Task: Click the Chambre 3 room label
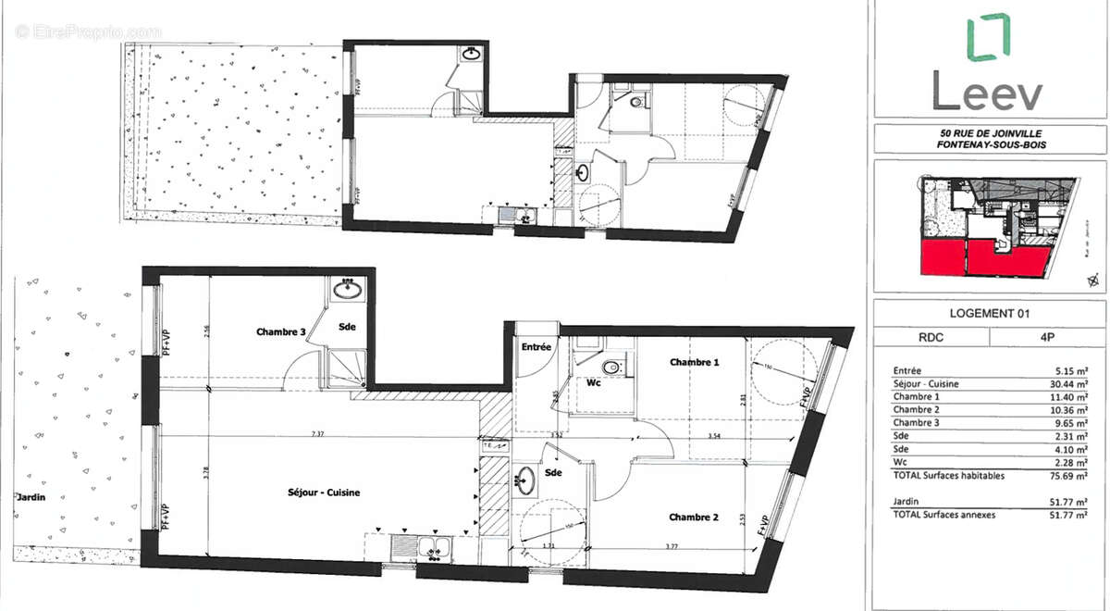(x=280, y=331)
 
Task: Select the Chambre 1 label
(x=694, y=363)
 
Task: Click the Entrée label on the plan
(x=536, y=347)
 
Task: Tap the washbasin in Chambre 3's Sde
(x=349, y=289)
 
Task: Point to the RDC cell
(x=931, y=338)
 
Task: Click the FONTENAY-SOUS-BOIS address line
(x=989, y=146)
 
